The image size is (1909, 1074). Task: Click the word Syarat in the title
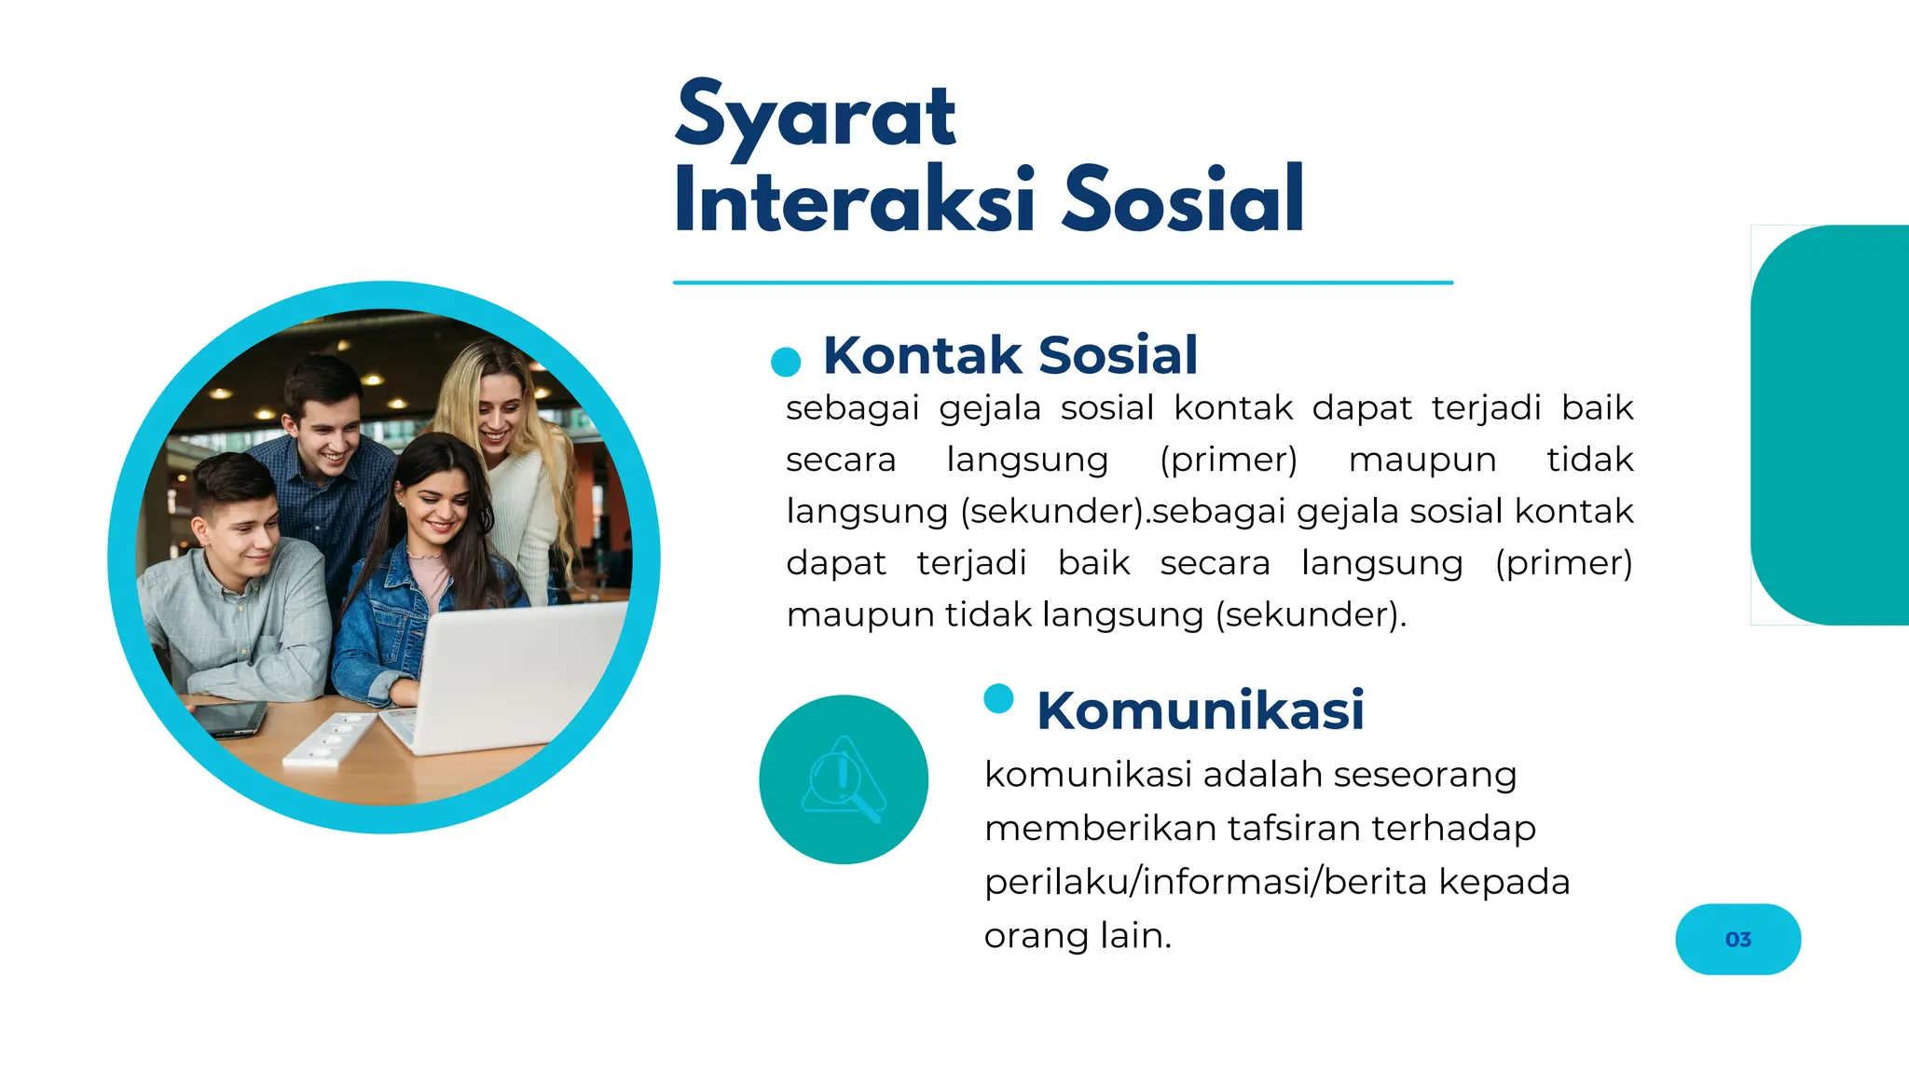[x=816, y=117]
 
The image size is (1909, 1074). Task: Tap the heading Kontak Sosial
[x=1009, y=355]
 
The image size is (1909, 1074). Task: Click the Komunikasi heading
[x=1200, y=710]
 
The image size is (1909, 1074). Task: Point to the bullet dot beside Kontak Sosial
[x=786, y=362]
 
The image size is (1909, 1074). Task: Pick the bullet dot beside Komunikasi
[x=998, y=698]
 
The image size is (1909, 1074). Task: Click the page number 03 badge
[x=1737, y=939]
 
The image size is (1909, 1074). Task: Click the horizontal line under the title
[x=1063, y=282]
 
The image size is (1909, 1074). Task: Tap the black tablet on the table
[x=228, y=718]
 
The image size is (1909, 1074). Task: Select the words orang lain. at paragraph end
[x=1078, y=935]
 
